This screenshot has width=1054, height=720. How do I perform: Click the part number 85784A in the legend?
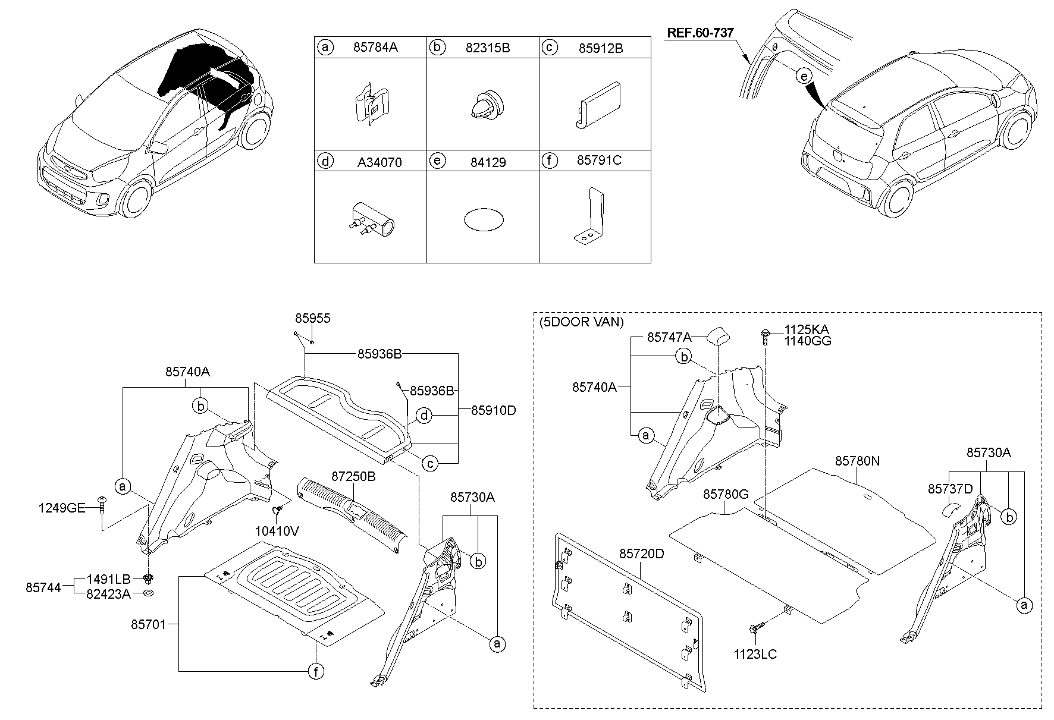tap(375, 48)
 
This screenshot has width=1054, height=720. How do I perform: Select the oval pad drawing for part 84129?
tap(483, 219)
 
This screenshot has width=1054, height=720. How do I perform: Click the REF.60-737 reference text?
tap(699, 33)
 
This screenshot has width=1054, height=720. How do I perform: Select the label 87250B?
tap(353, 476)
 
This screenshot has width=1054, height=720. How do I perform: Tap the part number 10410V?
tap(277, 531)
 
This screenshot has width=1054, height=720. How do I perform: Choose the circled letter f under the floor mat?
tap(316, 672)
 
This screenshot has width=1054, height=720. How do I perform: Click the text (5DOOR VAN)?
tap(581, 322)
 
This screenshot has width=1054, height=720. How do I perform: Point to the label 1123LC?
tap(755, 655)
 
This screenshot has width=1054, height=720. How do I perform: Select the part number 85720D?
tap(641, 554)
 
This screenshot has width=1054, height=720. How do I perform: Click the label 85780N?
tap(857, 461)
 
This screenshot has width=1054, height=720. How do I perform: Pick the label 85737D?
tap(950, 488)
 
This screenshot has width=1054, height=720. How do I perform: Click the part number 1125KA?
tap(806, 329)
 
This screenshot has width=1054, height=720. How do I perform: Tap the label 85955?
tap(313, 319)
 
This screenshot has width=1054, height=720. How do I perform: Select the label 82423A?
tap(108, 593)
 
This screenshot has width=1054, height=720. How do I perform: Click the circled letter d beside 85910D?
tap(424, 415)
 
